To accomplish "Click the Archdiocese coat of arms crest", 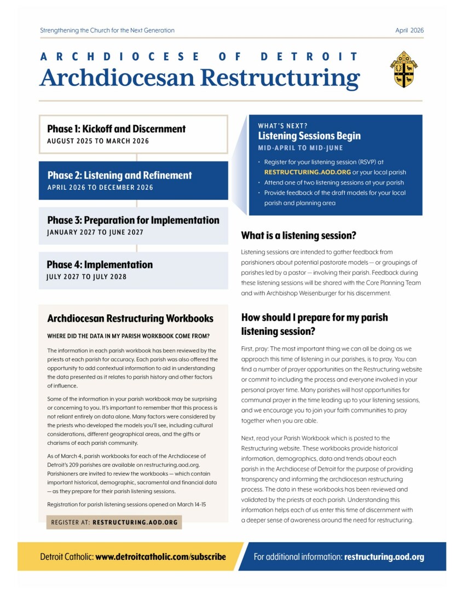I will [x=404, y=69].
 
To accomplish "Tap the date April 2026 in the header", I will [x=409, y=31].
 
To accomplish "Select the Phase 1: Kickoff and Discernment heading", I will [x=116, y=129].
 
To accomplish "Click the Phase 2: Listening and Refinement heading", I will [x=119, y=176].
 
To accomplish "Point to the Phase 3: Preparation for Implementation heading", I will [x=133, y=221].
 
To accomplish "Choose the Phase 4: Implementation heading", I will [x=100, y=265].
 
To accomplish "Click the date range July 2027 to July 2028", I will [x=86, y=277].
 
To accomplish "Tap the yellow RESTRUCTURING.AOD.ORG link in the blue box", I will [x=299, y=172].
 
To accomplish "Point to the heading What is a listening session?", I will [x=299, y=236].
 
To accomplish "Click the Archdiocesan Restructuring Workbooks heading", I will [x=130, y=318].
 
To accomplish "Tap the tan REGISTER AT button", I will [x=114, y=523].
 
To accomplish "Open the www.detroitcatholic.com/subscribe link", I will [x=160, y=557].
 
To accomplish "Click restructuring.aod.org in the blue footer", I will [x=384, y=557].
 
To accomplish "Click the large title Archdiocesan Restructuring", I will [x=199, y=78].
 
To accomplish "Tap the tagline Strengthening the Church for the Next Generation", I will [x=107, y=31].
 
